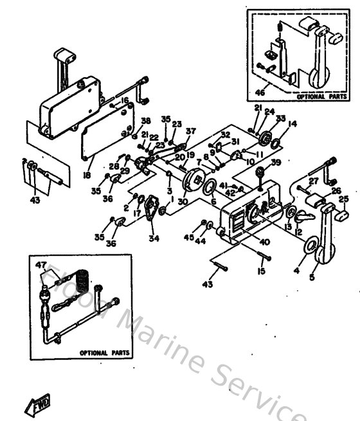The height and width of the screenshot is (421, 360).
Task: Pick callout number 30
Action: [183, 201]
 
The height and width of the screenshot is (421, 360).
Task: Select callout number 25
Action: [343, 199]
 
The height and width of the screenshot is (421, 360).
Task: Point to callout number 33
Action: [280, 118]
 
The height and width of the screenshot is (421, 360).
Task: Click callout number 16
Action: [125, 100]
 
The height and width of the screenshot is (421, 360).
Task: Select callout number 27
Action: [313, 181]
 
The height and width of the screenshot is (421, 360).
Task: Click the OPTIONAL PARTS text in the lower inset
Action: [104, 353]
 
